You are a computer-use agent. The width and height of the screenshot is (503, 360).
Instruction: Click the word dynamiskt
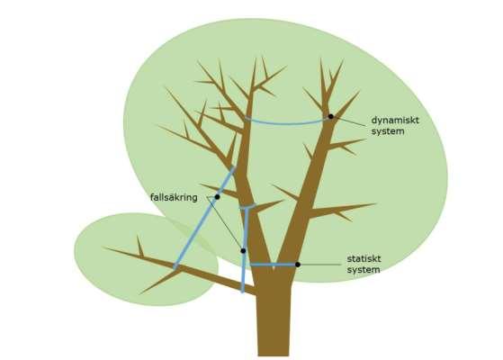point(395,121)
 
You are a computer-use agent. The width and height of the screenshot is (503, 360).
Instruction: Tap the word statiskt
point(364,258)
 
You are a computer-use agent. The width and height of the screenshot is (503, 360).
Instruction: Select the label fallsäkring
point(174,197)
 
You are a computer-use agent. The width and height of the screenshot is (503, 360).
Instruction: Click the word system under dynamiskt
point(388,131)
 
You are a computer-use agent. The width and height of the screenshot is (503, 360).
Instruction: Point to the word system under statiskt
point(364,270)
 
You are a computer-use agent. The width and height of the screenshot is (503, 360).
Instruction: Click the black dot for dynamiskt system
point(331,116)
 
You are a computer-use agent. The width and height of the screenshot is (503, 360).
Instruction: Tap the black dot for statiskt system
point(298,265)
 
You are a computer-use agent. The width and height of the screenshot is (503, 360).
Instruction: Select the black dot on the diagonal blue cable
point(217,197)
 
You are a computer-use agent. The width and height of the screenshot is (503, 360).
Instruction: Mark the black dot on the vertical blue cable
point(243,250)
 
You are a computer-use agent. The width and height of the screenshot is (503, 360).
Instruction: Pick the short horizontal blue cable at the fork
point(274,265)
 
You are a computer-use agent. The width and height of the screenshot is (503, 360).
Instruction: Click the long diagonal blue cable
point(204,217)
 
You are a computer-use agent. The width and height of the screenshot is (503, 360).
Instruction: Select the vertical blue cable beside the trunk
point(245,250)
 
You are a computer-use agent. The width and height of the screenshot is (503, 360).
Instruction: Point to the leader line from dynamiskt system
point(350,121)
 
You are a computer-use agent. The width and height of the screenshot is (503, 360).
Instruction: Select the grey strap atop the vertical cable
point(247,206)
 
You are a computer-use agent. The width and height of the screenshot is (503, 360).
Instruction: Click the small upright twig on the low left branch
point(139,246)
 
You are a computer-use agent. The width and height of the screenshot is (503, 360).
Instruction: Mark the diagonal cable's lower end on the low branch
point(175,266)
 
